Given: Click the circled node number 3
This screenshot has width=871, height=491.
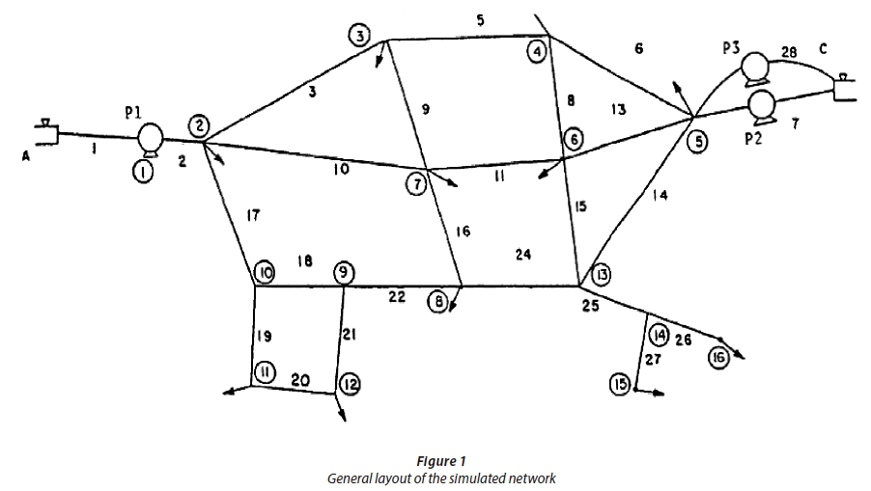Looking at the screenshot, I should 359,36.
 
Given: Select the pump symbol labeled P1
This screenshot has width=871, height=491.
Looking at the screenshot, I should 150,138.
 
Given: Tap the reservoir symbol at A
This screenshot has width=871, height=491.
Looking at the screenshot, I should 44,134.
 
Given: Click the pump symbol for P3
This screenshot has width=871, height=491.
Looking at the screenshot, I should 753,68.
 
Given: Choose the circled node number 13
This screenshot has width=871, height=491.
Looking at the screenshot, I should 601,273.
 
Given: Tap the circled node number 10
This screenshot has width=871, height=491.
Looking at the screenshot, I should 265,273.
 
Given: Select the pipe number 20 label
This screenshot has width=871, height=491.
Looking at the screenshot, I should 299,382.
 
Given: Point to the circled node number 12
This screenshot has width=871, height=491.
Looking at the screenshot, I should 349,386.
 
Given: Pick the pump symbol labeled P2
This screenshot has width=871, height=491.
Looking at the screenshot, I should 763,102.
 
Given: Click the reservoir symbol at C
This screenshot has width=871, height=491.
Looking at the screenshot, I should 845,91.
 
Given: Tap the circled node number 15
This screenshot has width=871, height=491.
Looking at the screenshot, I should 621,384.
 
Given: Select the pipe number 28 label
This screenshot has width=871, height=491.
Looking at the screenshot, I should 789,52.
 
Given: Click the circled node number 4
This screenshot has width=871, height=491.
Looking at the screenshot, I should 536,52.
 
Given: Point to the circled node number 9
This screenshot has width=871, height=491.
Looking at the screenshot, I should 344,273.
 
